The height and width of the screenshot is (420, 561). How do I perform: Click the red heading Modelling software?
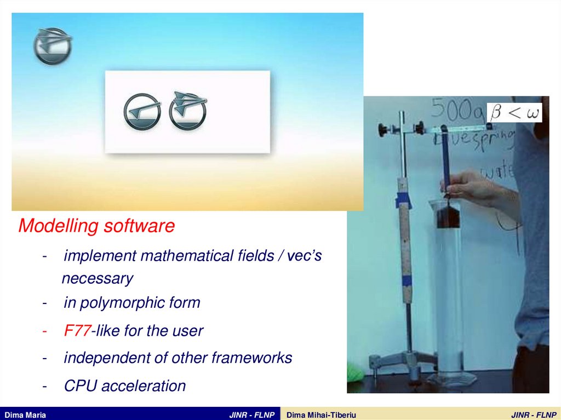[96, 226]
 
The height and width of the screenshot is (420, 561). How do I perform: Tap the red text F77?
[77, 331]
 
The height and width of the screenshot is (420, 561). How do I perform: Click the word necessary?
[97, 279]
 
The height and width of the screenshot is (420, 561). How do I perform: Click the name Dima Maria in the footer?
[25, 415]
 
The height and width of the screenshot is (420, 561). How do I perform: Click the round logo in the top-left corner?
[52, 47]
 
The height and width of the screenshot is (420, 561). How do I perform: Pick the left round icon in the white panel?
[142, 112]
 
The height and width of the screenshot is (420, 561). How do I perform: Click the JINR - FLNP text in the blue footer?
[251, 415]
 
